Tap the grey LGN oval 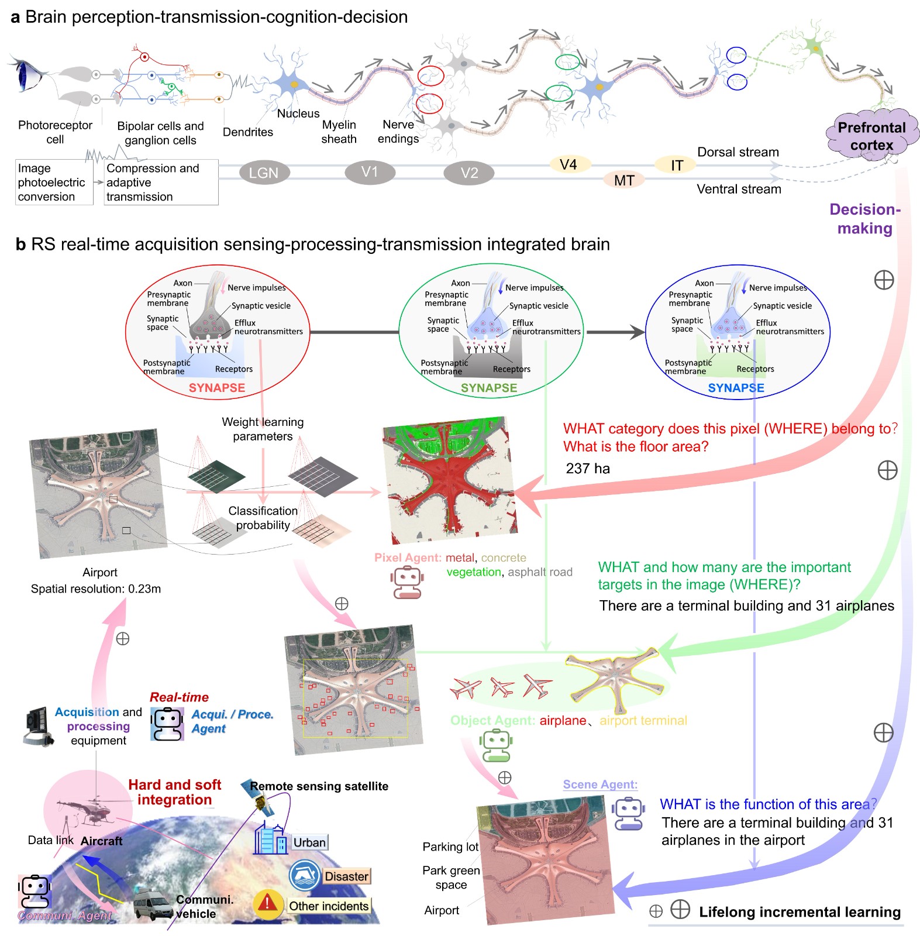click(x=263, y=173)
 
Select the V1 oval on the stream click(x=370, y=172)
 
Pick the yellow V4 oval click(x=568, y=164)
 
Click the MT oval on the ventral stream click(x=624, y=180)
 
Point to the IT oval click(x=677, y=166)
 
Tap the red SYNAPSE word click(x=216, y=388)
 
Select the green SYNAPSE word click(x=489, y=388)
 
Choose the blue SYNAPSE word click(x=736, y=388)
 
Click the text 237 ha click(x=588, y=469)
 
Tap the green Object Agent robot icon click(x=496, y=745)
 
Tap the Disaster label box click(x=347, y=876)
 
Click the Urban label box click(x=309, y=842)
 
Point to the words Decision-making click(x=865, y=219)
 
